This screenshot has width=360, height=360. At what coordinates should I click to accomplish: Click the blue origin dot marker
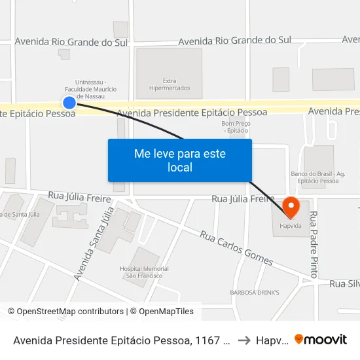(69, 102)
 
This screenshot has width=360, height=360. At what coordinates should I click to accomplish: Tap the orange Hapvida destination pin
(290, 207)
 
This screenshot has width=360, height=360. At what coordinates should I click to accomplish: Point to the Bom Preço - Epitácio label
(236, 128)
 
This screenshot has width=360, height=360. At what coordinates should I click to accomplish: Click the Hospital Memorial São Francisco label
(144, 273)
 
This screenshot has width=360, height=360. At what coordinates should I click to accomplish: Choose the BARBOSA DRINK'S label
(255, 292)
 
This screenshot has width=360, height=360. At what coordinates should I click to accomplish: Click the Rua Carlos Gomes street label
(236, 247)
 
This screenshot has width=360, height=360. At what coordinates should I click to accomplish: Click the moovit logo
(321, 339)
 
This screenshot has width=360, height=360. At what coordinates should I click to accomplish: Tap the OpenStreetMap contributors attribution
(66, 312)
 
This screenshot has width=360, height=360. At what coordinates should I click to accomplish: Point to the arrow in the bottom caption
(243, 340)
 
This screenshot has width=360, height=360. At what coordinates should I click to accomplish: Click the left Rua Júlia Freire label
(77, 196)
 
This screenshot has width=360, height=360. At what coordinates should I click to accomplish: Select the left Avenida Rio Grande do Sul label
(70, 42)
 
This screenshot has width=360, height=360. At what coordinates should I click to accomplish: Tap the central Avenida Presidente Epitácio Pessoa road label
(192, 113)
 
